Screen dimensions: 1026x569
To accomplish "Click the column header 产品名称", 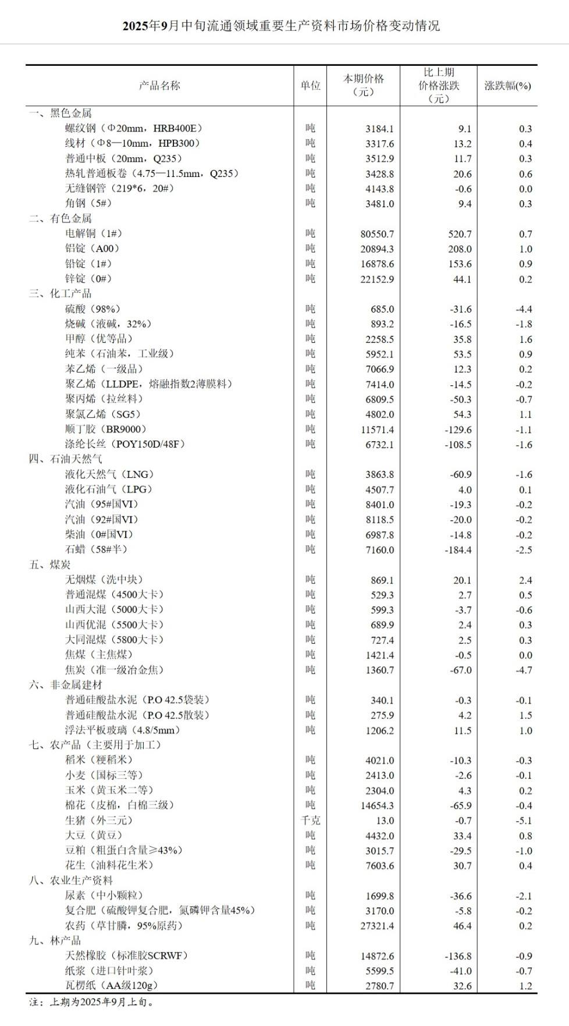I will (159, 86).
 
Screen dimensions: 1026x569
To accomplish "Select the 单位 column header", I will (310, 86).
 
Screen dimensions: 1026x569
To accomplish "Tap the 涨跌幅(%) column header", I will (507, 86).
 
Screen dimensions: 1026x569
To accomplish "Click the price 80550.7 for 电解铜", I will (377, 234).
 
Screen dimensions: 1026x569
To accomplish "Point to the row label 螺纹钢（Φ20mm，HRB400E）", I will (134, 129).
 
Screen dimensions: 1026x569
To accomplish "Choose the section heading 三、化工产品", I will (61, 294).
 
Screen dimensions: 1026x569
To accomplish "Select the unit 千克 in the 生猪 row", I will (310, 821).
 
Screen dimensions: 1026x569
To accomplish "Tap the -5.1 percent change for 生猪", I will (524, 821).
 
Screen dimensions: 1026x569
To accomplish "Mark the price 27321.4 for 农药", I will (377, 926).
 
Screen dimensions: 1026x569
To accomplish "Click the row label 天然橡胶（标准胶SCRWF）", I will (126, 956).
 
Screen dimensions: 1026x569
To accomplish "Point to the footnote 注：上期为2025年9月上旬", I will (91, 1002).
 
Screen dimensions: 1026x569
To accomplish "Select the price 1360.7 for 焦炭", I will (379, 670).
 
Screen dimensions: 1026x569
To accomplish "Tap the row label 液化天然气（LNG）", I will (109, 474).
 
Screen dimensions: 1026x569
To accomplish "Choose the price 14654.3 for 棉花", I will (377, 806).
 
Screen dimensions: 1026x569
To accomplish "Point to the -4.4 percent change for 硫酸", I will (524, 310).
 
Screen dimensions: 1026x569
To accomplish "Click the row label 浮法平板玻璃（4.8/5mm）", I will (123, 730).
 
